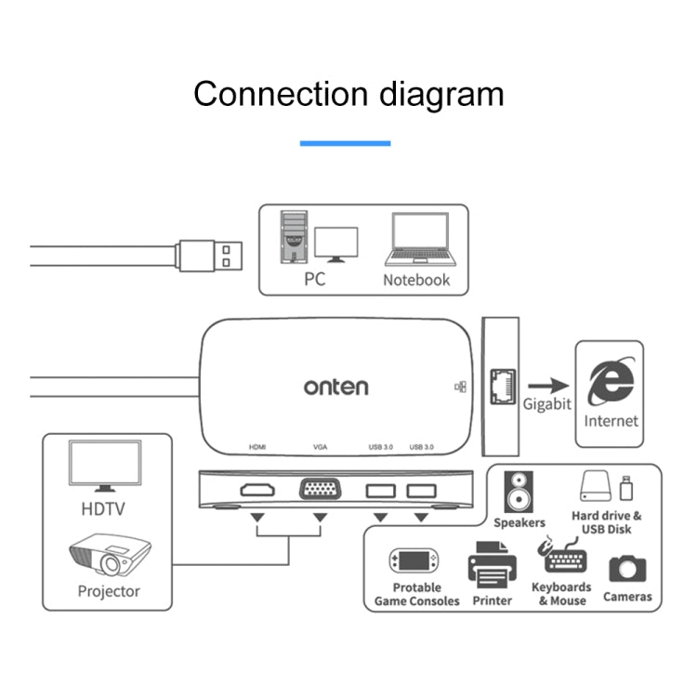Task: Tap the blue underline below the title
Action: tap(345, 143)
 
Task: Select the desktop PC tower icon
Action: tap(294, 238)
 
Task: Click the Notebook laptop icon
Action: tap(416, 241)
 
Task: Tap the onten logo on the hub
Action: tap(335, 386)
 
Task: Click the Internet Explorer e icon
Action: tap(611, 383)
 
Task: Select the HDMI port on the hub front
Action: tap(256, 489)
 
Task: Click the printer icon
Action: tap(492, 566)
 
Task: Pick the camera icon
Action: tap(627, 569)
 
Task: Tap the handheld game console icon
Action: tap(414, 560)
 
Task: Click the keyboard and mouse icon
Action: tap(560, 558)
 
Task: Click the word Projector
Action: tap(109, 591)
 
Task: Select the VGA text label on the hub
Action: tap(321, 447)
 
